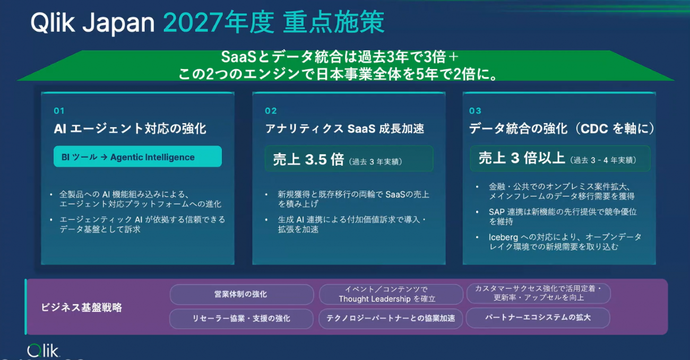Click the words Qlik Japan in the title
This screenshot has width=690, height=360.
92,23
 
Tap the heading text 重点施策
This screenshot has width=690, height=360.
334,22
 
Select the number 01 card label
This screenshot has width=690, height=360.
59,110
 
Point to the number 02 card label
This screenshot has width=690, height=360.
271,110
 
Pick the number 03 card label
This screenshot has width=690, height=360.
475,110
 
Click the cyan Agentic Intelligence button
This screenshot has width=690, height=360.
137,157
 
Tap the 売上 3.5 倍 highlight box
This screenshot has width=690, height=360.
349,159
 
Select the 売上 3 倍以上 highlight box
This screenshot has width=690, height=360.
560,158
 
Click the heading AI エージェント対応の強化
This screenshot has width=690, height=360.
130,128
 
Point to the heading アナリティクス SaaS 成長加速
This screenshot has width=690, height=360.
344,128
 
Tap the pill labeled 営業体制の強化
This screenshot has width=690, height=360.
241,294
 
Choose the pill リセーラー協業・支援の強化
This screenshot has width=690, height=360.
241,319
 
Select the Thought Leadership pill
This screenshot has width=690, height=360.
391,294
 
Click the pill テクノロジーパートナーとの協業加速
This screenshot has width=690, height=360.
391,319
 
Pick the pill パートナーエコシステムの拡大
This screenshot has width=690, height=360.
538,318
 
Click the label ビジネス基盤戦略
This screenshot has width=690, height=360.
82,307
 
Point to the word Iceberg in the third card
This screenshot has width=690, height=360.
503,237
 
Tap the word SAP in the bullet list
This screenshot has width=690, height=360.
497,212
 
